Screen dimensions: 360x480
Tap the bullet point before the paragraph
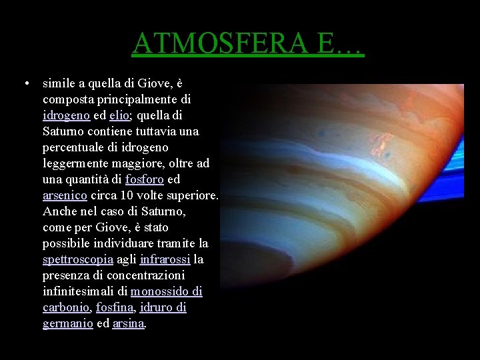24,84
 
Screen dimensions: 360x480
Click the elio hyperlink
120,115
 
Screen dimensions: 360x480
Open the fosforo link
145,179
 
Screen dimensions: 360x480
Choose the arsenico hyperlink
65,195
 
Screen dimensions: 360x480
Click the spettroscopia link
77,259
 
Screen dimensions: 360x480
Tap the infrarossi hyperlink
165,259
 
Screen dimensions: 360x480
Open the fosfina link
114,307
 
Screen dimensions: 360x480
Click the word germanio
67,323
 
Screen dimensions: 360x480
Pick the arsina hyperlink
128,323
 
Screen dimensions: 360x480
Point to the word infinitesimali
85,291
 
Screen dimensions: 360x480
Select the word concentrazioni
148,275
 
